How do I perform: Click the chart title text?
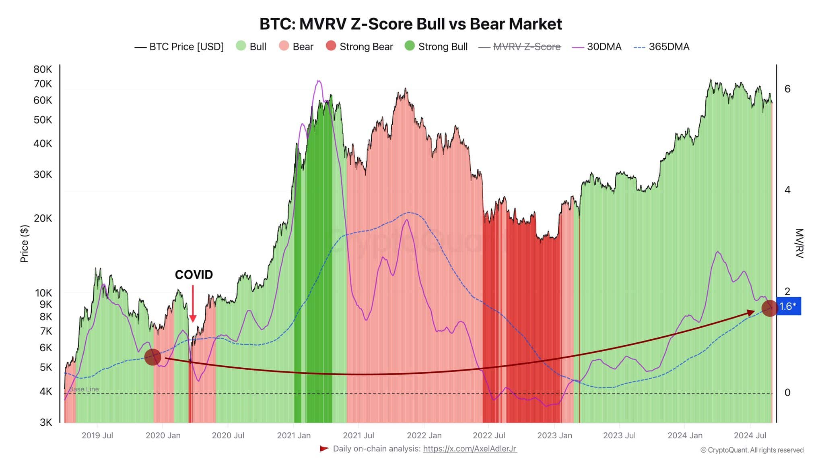click(x=410, y=24)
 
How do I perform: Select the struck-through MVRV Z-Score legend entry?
click(x=519, y=47)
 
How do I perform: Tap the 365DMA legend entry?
click(x=661, y=47)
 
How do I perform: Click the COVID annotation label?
click(x=194, y=275)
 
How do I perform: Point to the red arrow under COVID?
click(x=193, y=304)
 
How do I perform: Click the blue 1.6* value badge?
click(x=788, y=307)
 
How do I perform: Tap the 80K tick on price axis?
click(x=43, y=69)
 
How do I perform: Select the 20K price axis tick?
click(x=43, y=218)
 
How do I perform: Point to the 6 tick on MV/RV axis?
click(x=787, y=89)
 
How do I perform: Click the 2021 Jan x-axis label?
click(x=294, y=435)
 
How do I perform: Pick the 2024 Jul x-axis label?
click(x=750, y=435)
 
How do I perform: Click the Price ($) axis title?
click(x=25, y=244)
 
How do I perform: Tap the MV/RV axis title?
click(x=799, y=243)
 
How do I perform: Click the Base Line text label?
click(x=84, y=389)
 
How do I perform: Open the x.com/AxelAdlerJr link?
click(x=470, y=449)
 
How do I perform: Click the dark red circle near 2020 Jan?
click(x=152, y=357)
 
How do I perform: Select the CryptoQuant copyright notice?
click(x=752, y=450)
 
